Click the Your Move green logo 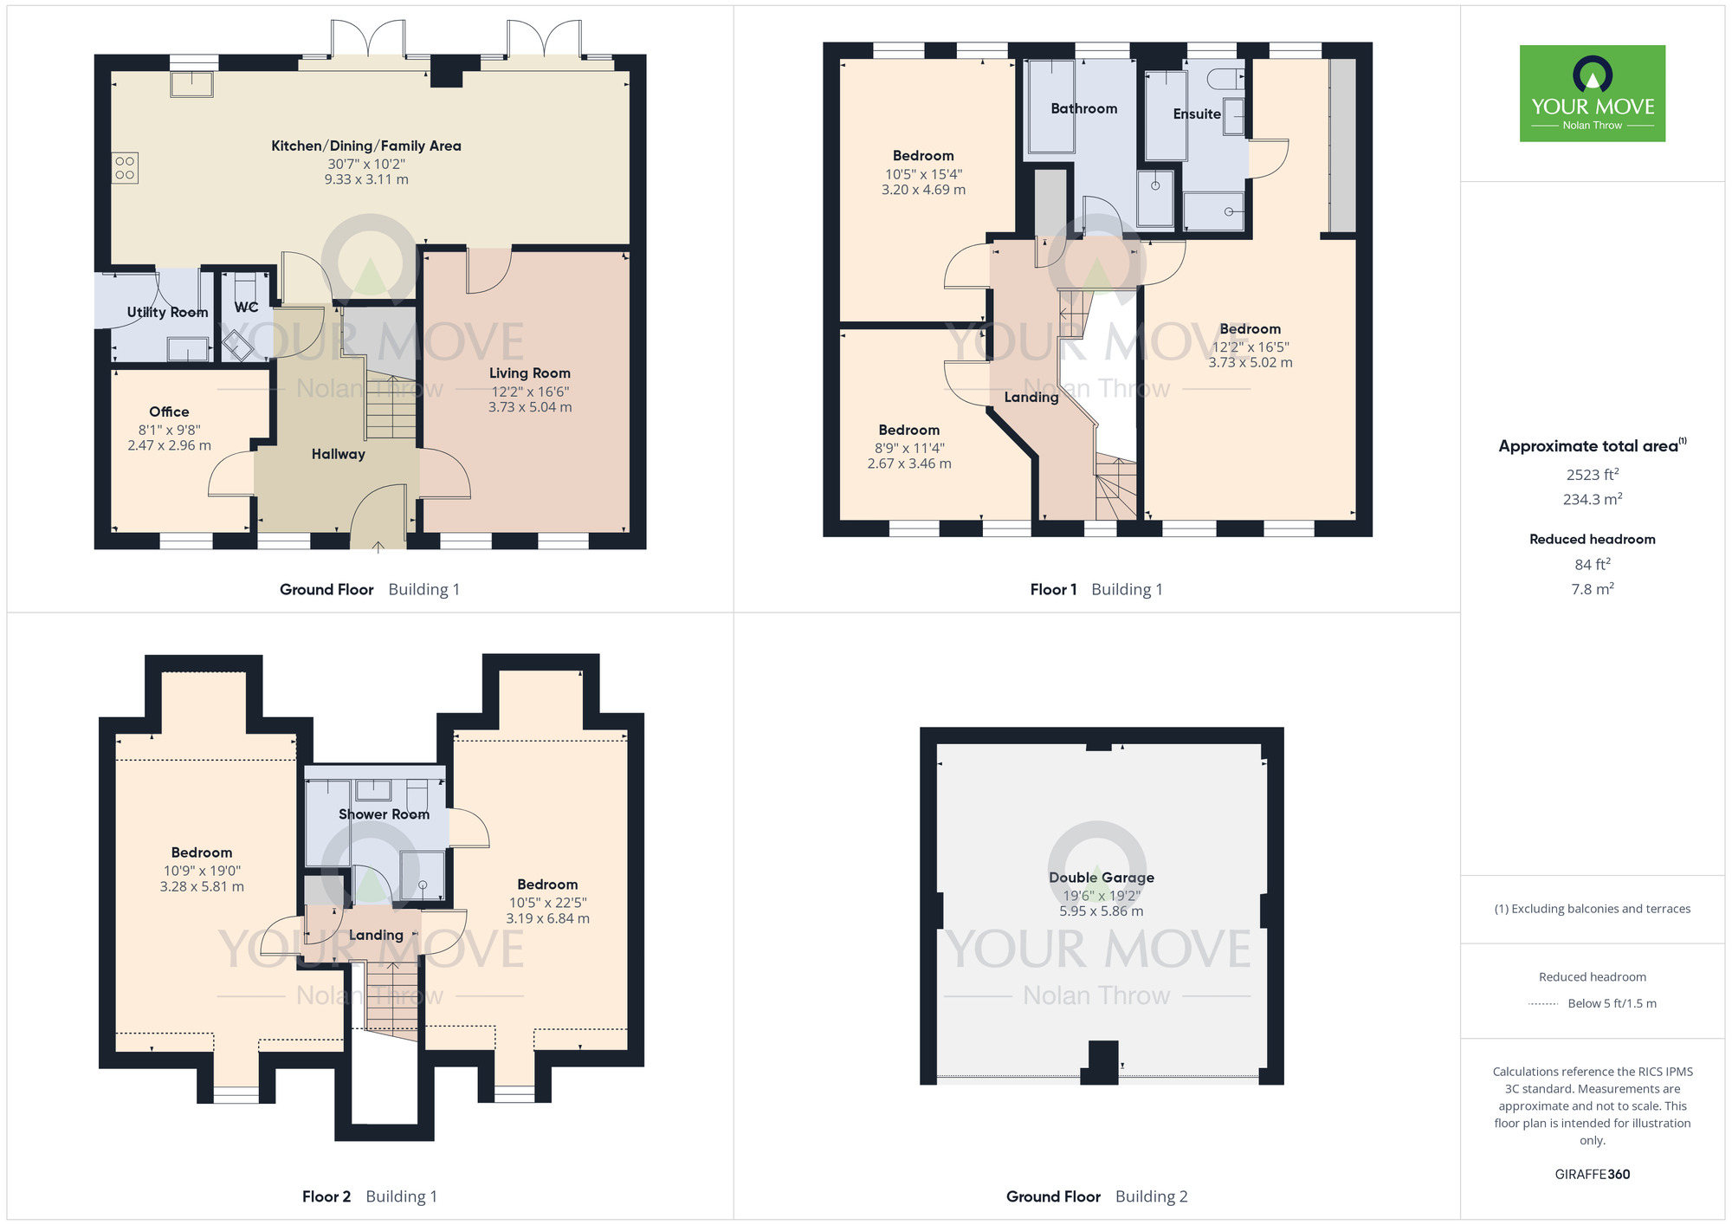click(1592, 94)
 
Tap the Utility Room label click(167, 312)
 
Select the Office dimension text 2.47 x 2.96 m click(169, 445)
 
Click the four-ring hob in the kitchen click(125, 168)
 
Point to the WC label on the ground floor click(246, 307)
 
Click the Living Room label click(529, 373)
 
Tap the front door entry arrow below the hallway click(378, 547)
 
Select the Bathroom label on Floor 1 click(1083, 108)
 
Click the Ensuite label click(1196, 113)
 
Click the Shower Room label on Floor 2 click(384, 813)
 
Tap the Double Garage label click(1101, 877)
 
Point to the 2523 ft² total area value click(1592, 474)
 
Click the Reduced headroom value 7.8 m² click(1592, 588)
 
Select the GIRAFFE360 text click(1592, 1174)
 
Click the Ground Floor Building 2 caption click(1096, 1196)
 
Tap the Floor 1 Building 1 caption click(1095, 589)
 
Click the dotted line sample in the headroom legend click(1543, 1003)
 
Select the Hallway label click(338, 454)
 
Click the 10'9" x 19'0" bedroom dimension click(202, 871)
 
